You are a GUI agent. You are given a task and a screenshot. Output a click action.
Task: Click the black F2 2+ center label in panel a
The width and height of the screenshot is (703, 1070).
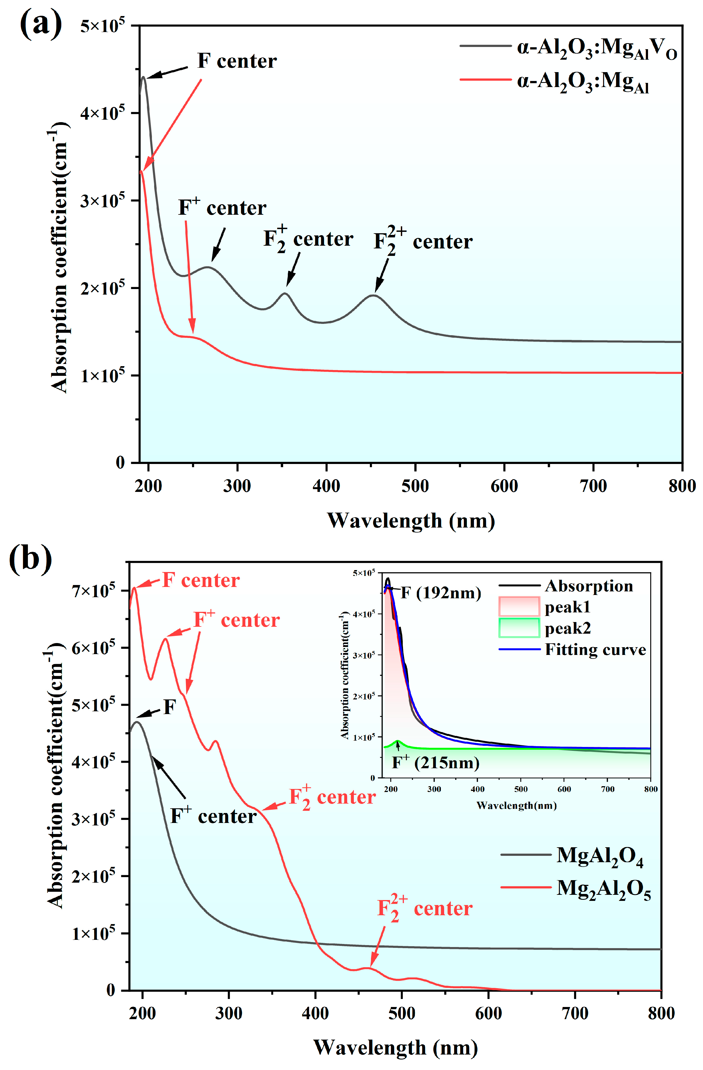pos(423,242)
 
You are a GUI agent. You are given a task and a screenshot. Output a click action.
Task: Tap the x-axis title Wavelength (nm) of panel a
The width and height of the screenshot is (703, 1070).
pos(410,521)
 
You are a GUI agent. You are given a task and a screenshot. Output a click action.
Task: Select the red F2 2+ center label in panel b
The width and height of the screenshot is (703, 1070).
pos(424,908)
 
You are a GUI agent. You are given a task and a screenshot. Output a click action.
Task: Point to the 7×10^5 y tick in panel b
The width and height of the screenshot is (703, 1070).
pos(93,590)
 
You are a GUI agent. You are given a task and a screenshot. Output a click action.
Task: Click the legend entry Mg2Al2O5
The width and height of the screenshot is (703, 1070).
pos(603,888)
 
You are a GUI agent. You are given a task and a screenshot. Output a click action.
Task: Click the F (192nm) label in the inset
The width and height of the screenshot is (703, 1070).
pos(441,593)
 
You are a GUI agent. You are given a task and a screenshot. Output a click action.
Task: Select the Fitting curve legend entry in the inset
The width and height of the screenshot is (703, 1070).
pos(595,650)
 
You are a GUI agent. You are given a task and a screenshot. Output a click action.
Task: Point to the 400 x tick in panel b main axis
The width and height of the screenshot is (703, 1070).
pos(315,1013)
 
